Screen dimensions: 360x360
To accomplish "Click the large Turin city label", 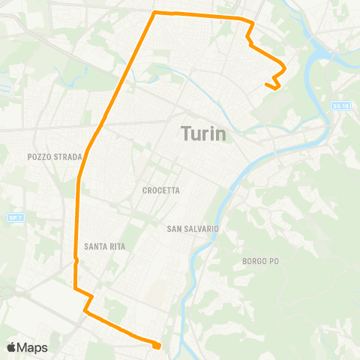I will [203, 134].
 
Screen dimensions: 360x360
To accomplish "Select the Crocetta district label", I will [161, 190].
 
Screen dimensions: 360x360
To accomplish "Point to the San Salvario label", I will [192, 227].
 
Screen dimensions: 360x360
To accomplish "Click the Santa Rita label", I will [105, 246].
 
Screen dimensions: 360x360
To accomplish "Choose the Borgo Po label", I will [260, 261].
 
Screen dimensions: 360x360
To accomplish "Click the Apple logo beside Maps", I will [12, 347].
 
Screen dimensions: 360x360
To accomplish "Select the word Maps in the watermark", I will [32, 347].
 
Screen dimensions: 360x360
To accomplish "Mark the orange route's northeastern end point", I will [267, 85].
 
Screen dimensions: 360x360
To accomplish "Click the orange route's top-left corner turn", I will [154, 13].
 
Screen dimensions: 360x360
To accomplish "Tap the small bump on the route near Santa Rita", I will [76, 260].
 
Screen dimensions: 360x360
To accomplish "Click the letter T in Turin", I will [185, 134].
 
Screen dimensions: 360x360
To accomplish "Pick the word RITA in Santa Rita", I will [116, 246].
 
